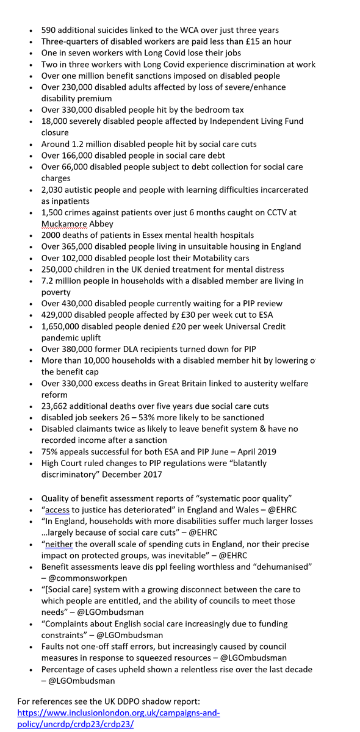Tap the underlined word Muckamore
tap(64, 224)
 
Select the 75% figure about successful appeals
tap(50, 452)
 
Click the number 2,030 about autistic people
tap(53, 190)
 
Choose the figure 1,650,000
tap(62, 326)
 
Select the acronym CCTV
tap(278, 213)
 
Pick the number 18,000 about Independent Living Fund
tap(56, 121)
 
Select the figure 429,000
tap(58, 315)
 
